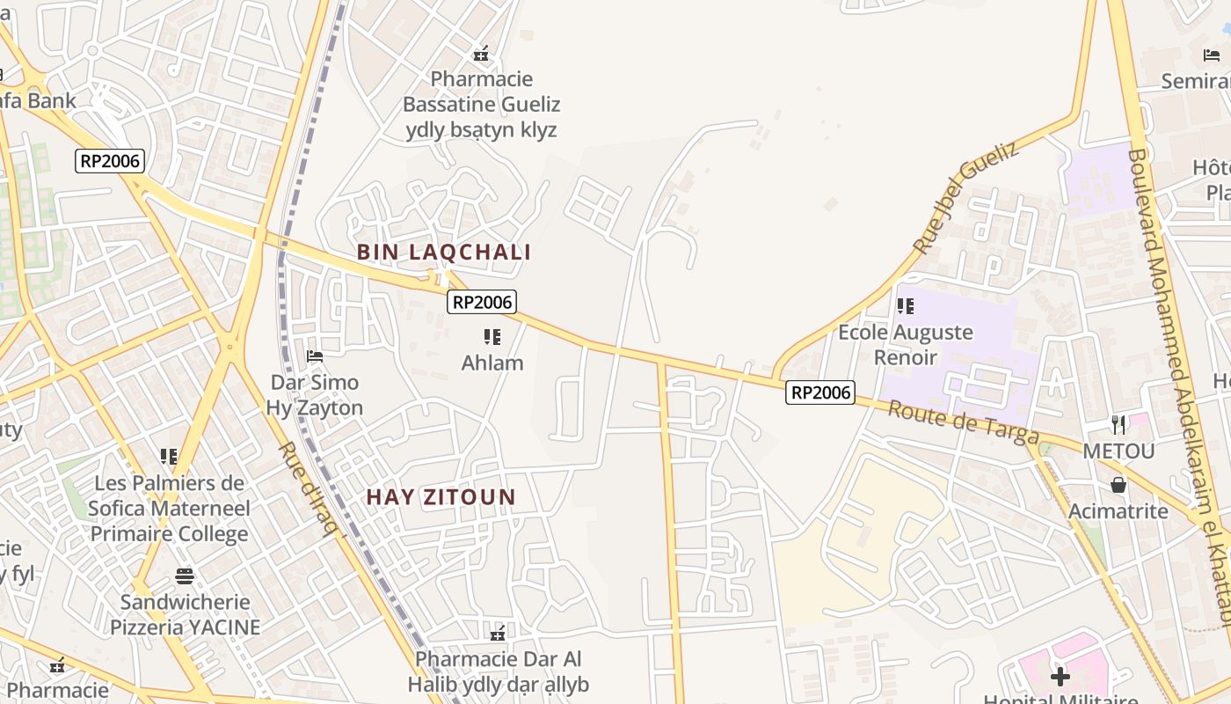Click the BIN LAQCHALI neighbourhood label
coord(443,253)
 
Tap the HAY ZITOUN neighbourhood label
coord(441,497)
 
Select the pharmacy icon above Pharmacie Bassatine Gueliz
coord(481,54)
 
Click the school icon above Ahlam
coord(492,337)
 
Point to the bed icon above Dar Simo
coord(314,356)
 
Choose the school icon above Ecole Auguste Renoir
coord(905,306)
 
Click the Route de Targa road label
coord(963,422)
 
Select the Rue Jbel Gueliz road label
coord(965,197)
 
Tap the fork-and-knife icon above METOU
coord(1118,425)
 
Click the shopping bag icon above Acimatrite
coord(1118,485)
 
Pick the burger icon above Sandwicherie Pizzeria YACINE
coord(185,576)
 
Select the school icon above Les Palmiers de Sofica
coord(169,456)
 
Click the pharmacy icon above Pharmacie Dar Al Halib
coord(498,633)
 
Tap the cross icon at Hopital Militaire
coord(1060,677)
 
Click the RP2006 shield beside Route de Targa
coord(819,392)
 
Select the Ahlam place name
coord(492,363)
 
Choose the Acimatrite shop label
coord(1118,511)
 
